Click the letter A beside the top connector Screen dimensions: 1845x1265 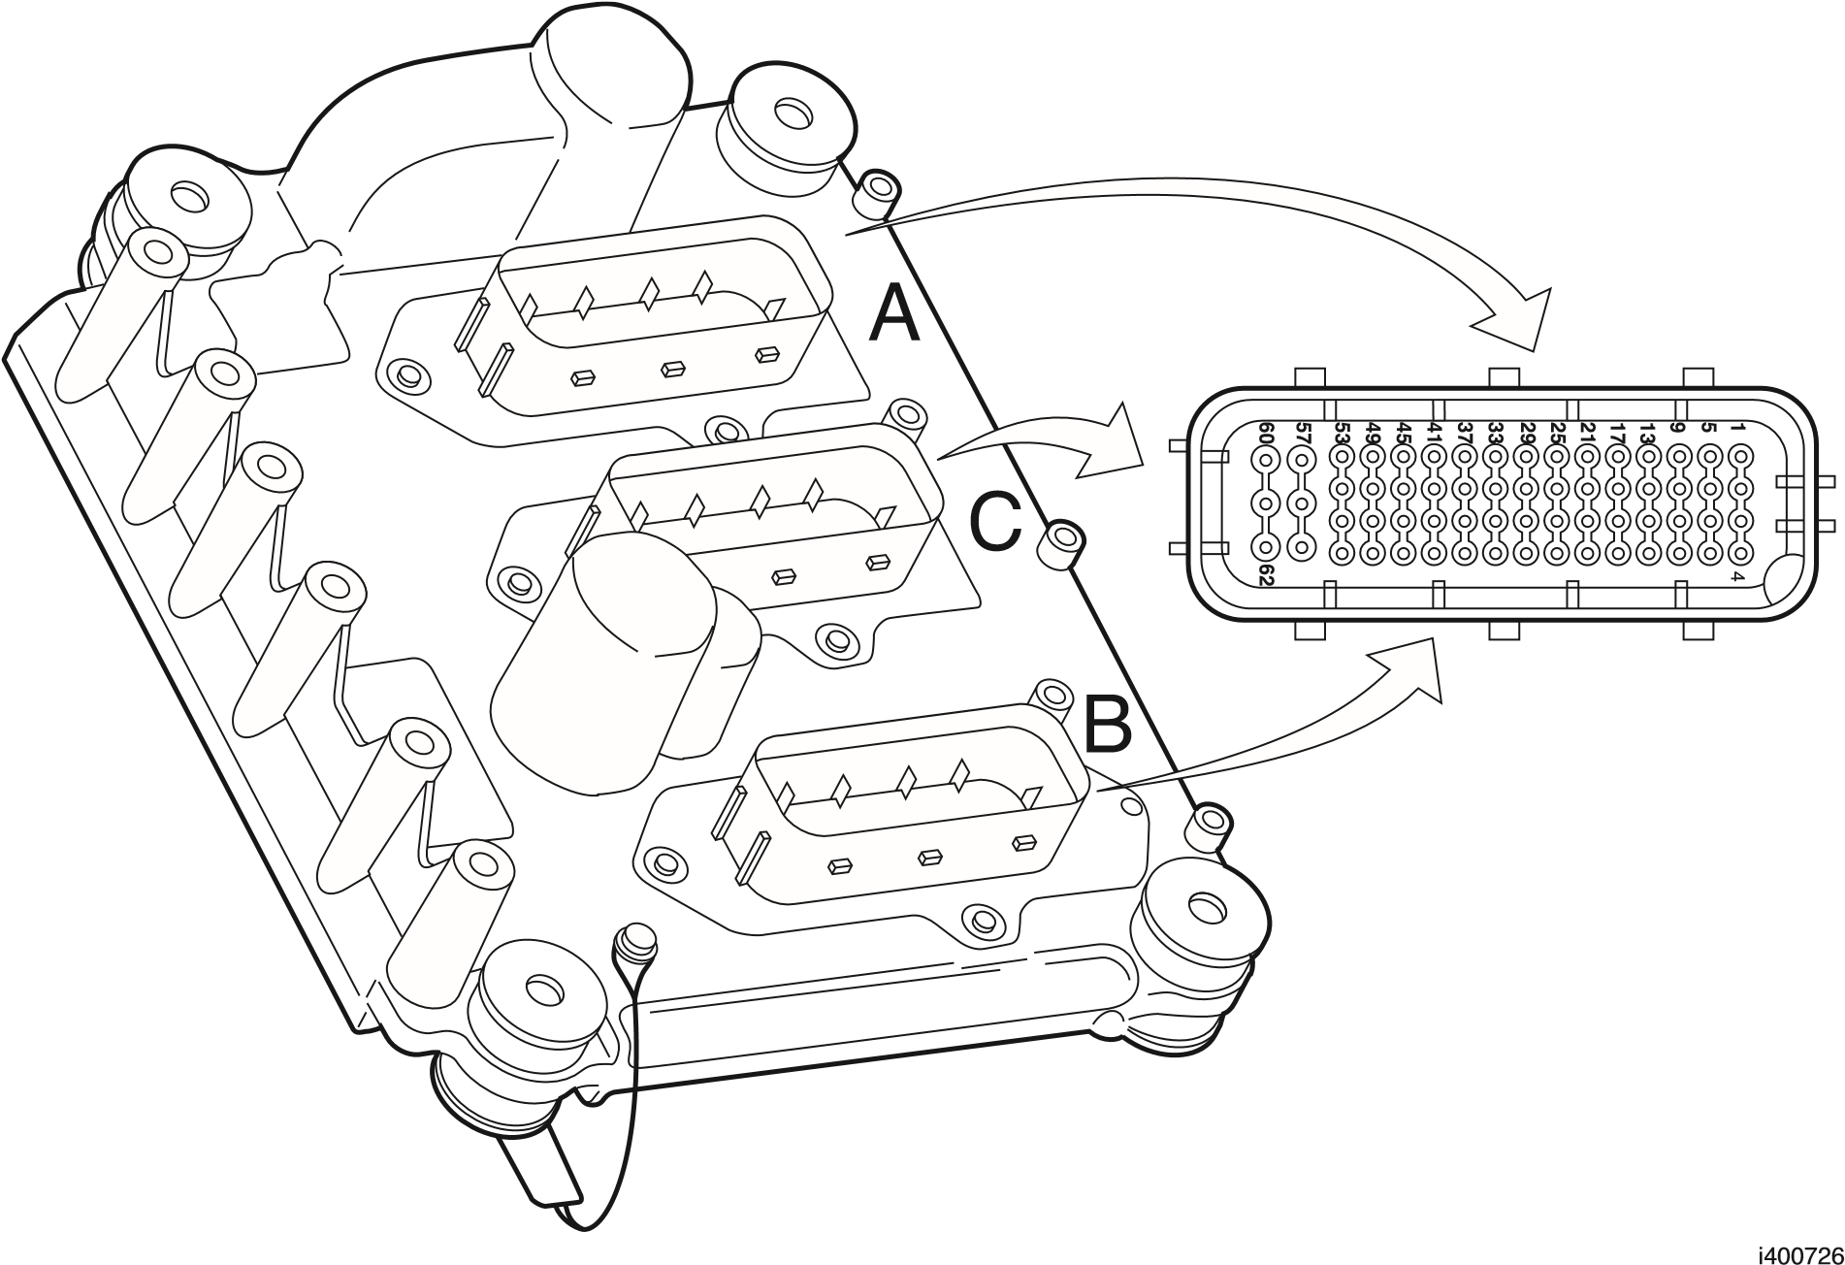[x=893, y=315]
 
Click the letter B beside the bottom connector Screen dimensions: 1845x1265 [x=1107, y=725]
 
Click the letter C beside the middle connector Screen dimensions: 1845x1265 [x=996, y=524]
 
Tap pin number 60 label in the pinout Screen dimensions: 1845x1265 [x=1265, y=434]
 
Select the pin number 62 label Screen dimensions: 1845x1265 [x=1265, y=574]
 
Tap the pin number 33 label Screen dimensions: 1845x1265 [x=1495, y=434]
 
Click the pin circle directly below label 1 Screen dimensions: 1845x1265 [x=1740, y=456]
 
